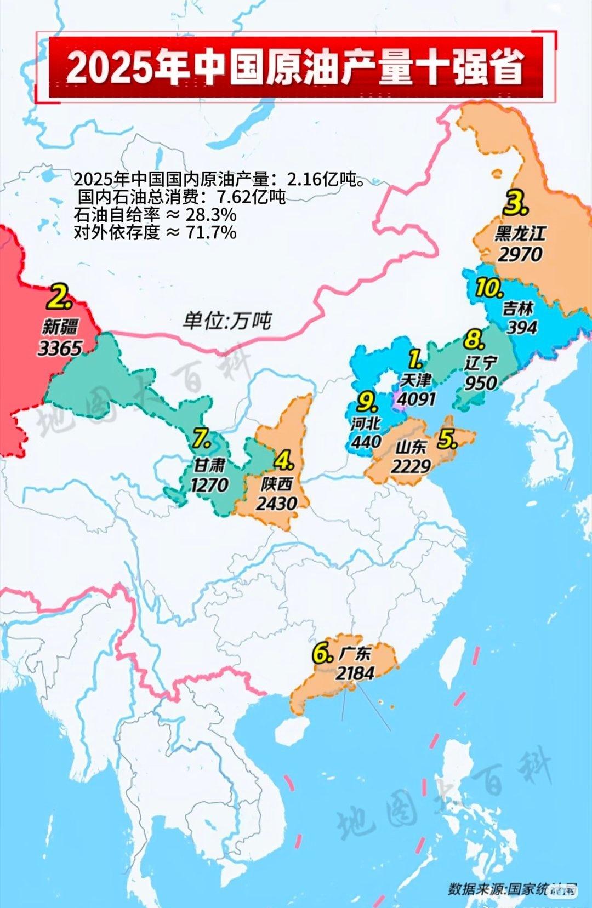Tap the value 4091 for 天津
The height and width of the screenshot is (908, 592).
pos(417,398)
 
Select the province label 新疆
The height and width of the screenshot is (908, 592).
pos(60,327)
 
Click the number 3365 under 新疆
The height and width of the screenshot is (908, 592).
pos(60,348)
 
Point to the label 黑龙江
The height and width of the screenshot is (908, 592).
pos(520,233)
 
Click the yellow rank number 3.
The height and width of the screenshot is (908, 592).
pos(516,204)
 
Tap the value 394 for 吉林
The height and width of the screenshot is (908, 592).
pos(522,327)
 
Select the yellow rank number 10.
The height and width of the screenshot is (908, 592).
pos(489,288)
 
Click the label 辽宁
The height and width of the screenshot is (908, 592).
pos(481,363)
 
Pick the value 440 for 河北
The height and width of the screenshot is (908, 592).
pos(366,441)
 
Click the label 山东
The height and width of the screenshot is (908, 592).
pos(411,448)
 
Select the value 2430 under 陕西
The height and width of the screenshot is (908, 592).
pos(276,503)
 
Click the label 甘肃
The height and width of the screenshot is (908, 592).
pos(209,465)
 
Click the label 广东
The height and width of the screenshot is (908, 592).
pos(355,653)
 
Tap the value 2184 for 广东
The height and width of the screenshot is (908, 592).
pos(355,673)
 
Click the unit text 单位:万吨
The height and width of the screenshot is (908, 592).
pos(227,321)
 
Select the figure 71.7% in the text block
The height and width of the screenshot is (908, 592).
pos(212,232)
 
